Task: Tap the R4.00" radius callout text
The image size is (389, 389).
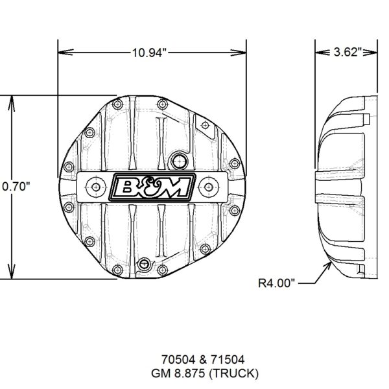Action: tap(278, 283)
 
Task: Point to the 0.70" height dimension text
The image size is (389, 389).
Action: tap(16, 186)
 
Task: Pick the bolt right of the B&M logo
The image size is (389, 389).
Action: tap(209, 186)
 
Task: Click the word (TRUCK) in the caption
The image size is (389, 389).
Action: tap(235, 373)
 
